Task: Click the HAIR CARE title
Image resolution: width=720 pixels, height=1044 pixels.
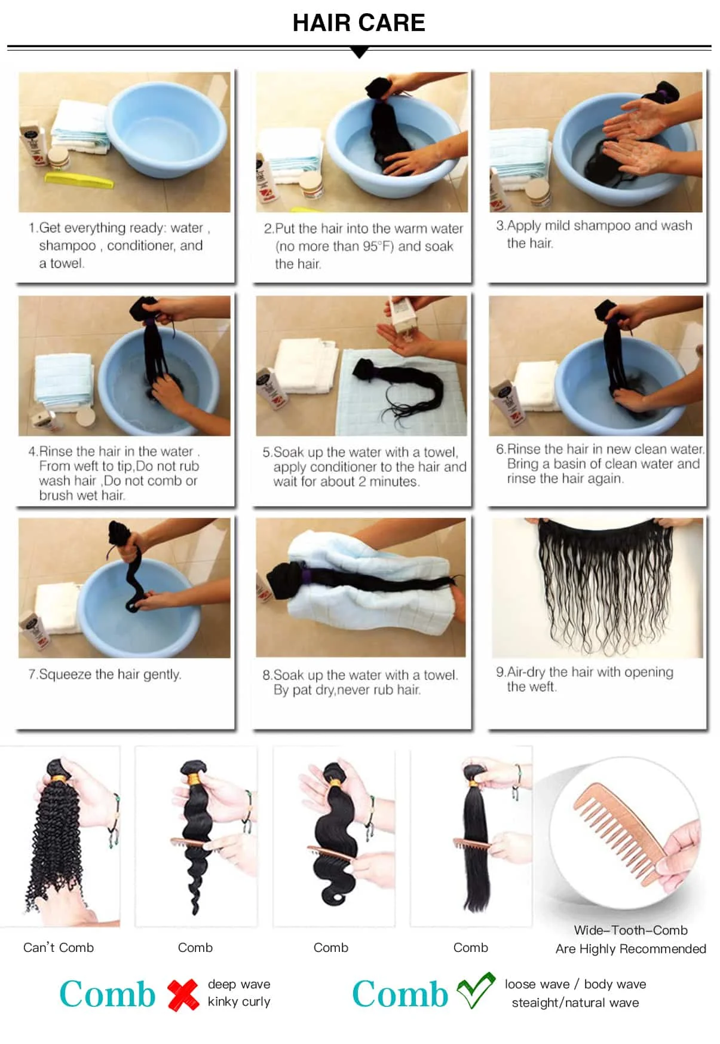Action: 359,23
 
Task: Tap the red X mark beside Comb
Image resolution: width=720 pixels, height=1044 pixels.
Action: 183,995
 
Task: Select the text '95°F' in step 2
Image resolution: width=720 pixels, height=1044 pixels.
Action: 378,246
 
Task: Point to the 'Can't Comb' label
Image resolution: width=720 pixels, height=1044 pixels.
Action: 59,948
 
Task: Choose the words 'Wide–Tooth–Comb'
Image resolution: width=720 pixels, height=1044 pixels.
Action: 630,930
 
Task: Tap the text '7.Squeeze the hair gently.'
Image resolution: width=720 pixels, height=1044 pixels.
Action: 105,674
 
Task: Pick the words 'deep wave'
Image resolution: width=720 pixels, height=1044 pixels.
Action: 239,984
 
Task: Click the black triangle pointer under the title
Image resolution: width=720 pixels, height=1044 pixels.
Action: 359,53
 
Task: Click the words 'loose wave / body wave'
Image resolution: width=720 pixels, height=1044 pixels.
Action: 575,984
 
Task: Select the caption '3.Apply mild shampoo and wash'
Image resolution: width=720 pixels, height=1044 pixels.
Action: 594,225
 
